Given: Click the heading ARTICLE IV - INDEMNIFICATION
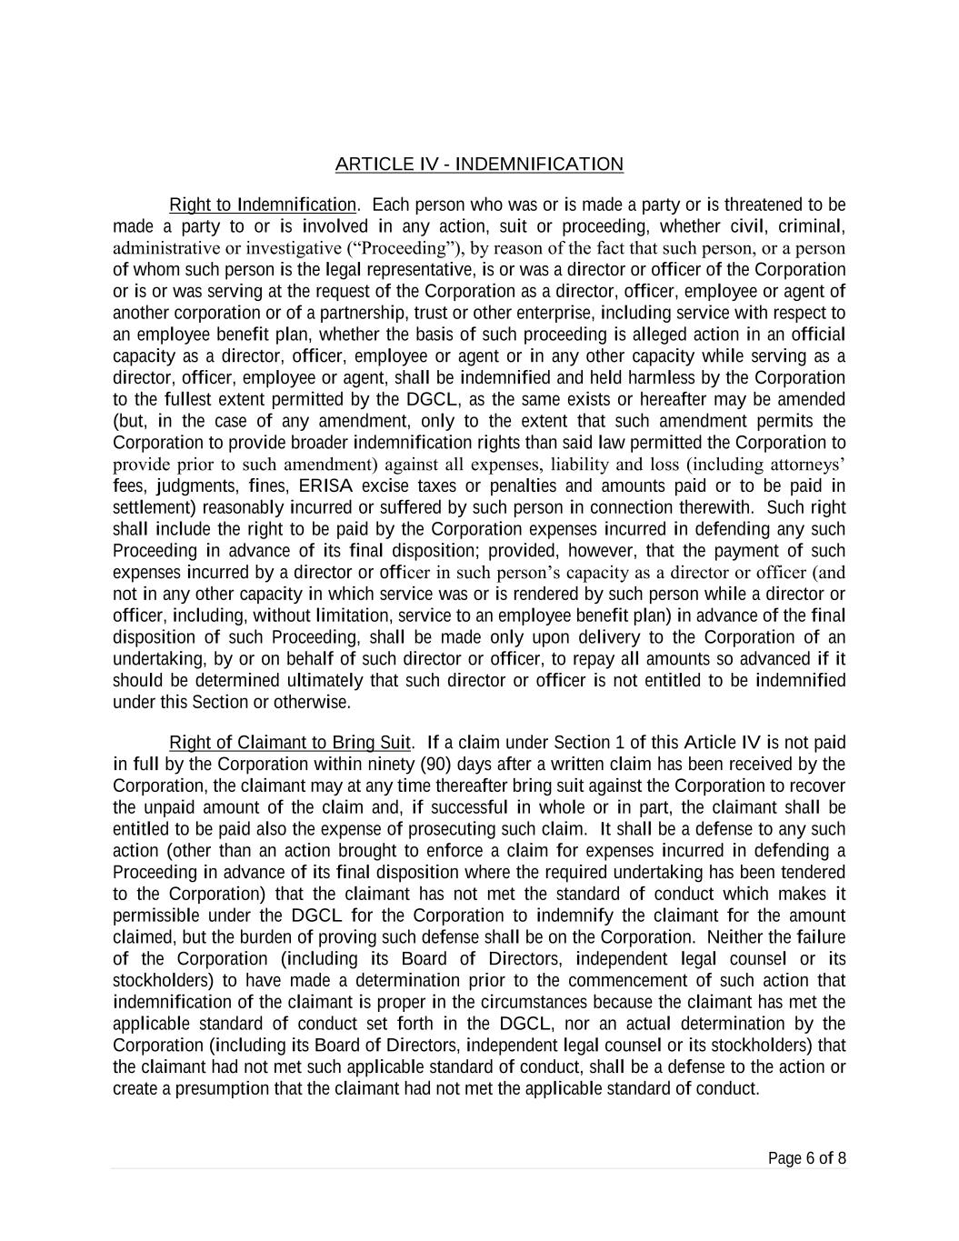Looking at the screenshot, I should pyautogui.click(x=479, y=165).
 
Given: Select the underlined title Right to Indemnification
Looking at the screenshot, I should pyautogui.click(x=263, y=205).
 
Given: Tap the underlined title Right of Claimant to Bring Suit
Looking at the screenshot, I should pyautogui.click(x=290, y=743).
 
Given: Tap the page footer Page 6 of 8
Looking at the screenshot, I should pyautogui.click(x=807, y=1158).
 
